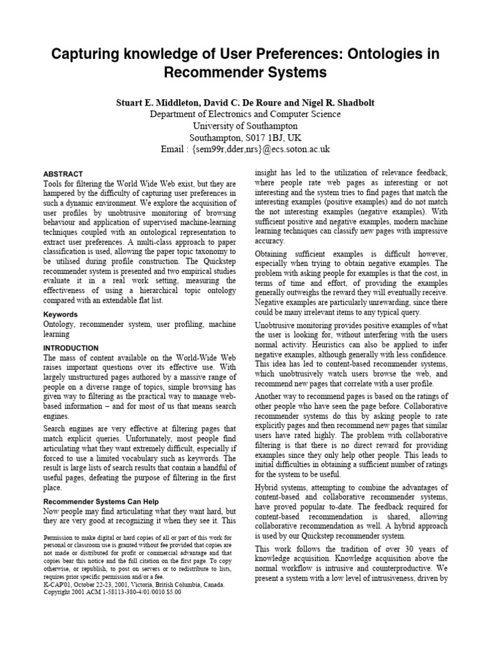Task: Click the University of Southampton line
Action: coord(245,126)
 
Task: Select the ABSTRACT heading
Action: coord(63,173)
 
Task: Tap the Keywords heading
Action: coord(60,315)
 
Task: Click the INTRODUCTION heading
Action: coord(70,348)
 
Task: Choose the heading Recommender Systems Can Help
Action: coord(100,501)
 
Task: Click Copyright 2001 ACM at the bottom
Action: coord(78,592)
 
